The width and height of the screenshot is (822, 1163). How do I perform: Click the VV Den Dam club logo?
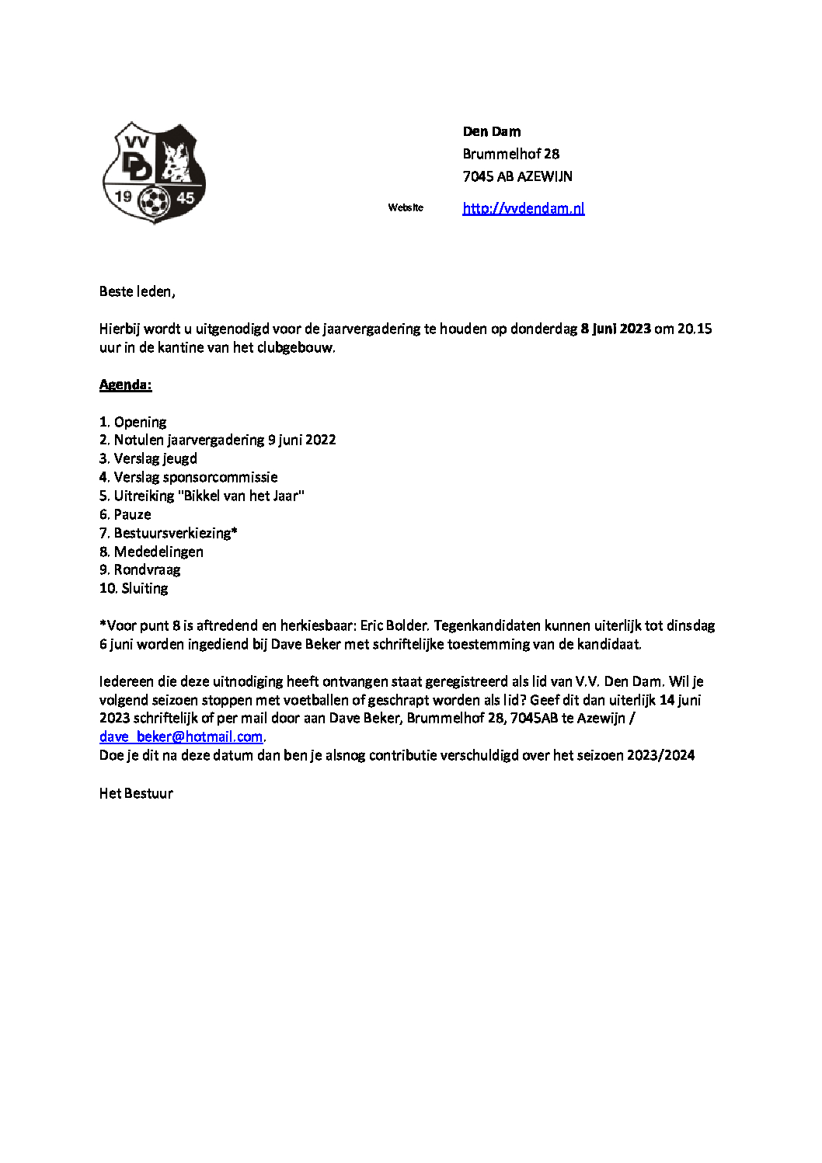tap(154, 172)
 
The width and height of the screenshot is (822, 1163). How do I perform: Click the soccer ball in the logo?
tap(154, 202)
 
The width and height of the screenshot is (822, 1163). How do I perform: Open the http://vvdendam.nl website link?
tap(523, 208)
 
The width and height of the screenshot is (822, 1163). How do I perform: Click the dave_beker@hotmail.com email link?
tap(181, 736)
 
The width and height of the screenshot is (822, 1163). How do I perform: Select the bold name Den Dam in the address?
tap(492, 131)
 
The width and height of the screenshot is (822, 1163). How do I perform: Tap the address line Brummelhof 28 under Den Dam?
tap(510, 154)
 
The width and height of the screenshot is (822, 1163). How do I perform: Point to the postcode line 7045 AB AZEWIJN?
tap(517, 176)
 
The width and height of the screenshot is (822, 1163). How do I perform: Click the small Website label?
tap(406, 207)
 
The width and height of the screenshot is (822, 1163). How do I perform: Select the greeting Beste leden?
tap(138, 291)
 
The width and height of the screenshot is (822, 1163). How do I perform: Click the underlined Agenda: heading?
tap(126, 385)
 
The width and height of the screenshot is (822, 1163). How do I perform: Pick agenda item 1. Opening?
tap(133, 422)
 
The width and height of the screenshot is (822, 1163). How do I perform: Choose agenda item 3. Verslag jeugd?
tap(148, 458)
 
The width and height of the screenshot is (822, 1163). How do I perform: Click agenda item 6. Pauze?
tap(125, 514)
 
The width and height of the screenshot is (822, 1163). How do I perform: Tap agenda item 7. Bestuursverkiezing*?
tap(169, 533)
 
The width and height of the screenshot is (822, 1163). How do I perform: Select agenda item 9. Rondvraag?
tap(140, 569)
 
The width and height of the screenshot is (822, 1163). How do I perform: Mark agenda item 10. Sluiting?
tap(134, 588)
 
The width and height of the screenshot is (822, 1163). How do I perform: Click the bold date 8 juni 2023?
tap(615, 329)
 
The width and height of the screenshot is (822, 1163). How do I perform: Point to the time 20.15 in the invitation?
tap(695, 329)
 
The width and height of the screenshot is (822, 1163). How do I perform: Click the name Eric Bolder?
tap(394, 625)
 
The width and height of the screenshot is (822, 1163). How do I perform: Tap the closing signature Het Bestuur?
tap(136, 793)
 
